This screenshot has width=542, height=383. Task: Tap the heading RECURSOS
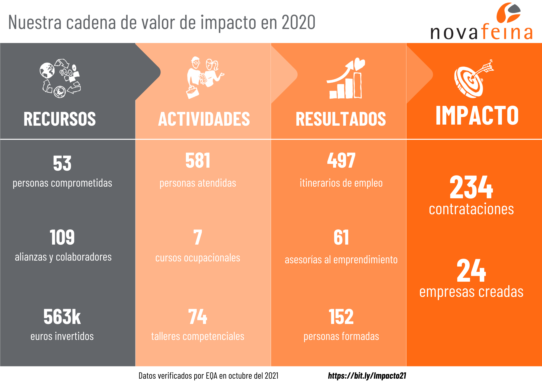60,119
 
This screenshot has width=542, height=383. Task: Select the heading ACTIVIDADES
204,119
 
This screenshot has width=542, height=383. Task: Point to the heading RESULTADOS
341,119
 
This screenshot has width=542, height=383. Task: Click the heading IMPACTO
477,116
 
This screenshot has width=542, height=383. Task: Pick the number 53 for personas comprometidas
62,163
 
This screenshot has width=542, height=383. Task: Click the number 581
198,160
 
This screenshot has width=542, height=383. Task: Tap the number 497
341,160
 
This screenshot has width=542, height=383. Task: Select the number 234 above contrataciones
471,187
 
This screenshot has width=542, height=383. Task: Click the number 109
62,237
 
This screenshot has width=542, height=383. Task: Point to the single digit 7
198,237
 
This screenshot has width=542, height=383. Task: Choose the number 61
341,237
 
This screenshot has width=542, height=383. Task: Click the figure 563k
62,317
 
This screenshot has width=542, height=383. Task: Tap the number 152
341,317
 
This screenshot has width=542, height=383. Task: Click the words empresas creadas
471,292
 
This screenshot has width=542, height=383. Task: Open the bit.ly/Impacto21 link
367,376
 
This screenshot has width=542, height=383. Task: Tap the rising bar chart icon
346,79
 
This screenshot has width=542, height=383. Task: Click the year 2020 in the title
298,22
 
